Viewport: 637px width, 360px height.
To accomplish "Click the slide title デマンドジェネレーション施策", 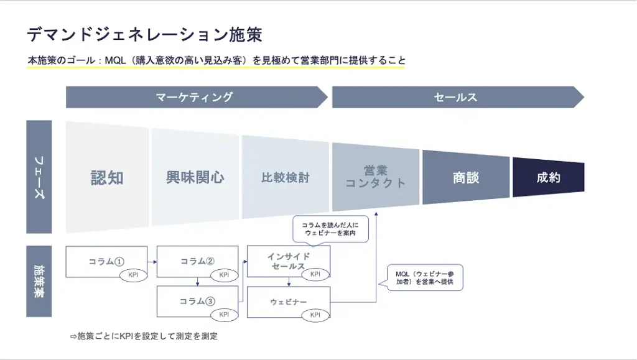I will click(x=144, y=34).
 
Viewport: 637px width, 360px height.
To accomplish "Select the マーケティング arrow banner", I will click(x=194, y=97).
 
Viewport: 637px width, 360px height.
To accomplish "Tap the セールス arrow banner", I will click(x=455, y=97).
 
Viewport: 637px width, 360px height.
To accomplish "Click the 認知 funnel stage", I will click(x=108, y=178).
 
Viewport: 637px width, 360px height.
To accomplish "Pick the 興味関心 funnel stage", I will click(x=195, y=178).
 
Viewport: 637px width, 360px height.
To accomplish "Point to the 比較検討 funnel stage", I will click(x=285, y=178).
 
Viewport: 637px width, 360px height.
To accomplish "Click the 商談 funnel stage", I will click(x=466, y=178).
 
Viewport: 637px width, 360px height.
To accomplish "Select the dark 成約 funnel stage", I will click(x=548, y=178).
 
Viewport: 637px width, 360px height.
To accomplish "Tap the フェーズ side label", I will click(x=39, y=177).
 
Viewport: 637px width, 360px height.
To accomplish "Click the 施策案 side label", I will click(x=39, y=281).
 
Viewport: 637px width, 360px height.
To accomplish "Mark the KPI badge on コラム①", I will click(x=133, y=275).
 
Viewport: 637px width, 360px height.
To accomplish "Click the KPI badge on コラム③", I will click(x=224, y=315).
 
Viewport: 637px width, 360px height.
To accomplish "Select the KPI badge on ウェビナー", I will click(x=315, y=315).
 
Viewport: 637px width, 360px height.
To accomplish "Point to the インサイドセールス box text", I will click(x=288, y=261).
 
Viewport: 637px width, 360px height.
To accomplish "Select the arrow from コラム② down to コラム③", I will click(x=197, y=281).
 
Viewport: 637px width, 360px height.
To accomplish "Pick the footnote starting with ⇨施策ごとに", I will click(x=144, y=336).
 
